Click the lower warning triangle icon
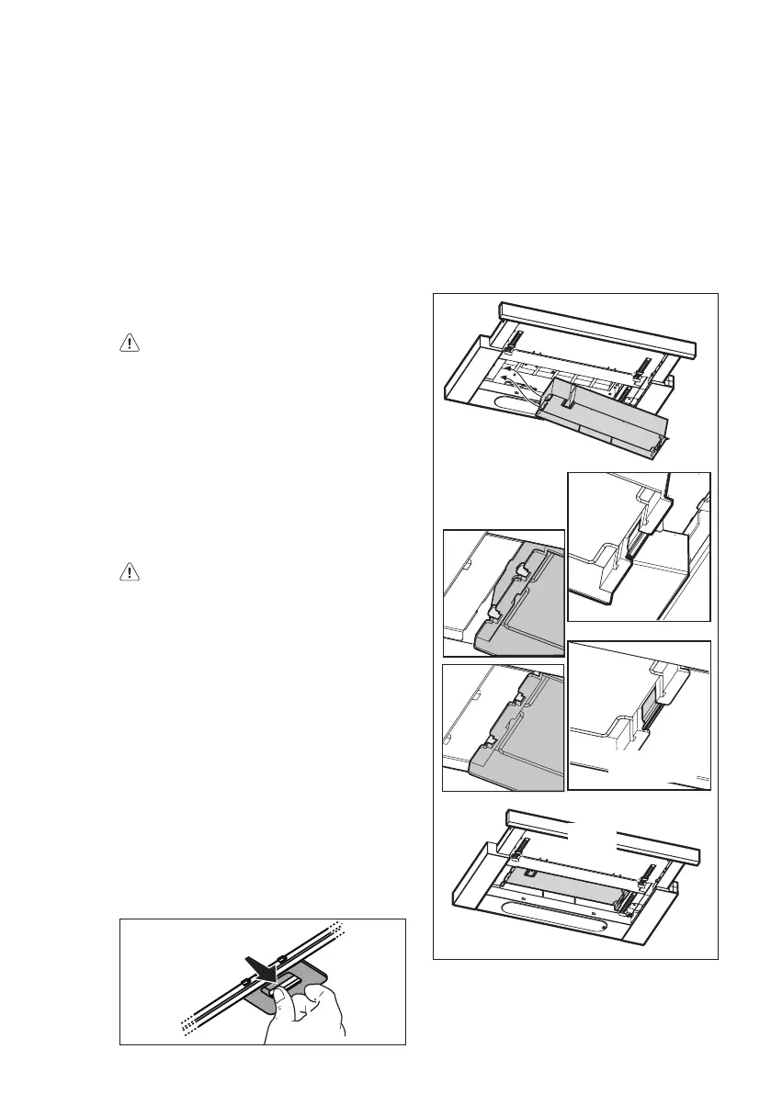pos(130,570)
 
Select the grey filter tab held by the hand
pos(303,983)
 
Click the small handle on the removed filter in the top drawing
pos(571,396)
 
